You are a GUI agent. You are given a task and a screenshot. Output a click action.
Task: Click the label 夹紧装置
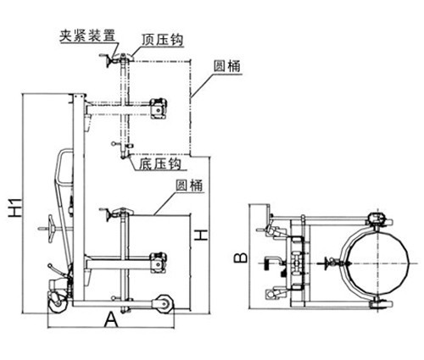point(87,36)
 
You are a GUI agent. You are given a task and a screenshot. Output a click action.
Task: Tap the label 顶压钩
point(163,41)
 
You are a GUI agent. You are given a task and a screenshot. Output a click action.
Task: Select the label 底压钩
point(160,163)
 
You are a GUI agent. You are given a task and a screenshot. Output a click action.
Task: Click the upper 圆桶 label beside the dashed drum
point(227,66)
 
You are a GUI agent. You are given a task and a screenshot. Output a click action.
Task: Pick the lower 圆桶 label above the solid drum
point(189,186)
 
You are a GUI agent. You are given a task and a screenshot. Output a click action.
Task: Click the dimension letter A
point(111,320)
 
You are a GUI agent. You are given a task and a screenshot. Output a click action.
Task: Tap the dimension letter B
point(242,258)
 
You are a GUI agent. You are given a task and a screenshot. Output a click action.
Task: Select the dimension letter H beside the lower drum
point(201,235)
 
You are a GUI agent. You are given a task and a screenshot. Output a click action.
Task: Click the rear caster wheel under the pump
point(59,303)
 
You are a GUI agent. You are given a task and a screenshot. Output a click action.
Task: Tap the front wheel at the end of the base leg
point(163,304)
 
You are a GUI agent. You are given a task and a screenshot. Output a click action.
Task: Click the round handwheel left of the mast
point(51,229)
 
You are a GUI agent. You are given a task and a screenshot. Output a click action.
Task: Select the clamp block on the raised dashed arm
point(159,108)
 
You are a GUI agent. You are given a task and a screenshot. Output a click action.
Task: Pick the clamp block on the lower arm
point(159,263)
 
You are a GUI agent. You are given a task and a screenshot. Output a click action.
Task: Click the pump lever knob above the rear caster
point(50,266)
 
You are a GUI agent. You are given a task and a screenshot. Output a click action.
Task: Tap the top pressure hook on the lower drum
point(123,211)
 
